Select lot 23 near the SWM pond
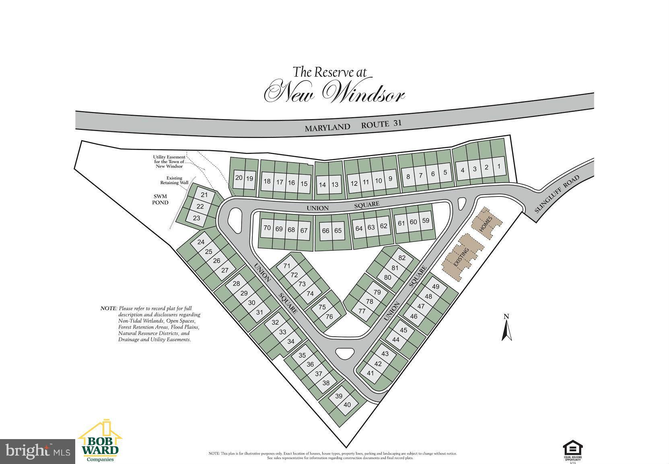[197, 218]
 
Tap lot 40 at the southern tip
[347, 405]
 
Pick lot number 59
[426, 221]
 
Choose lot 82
[401, 258]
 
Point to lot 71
[287, 266]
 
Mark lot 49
[436, 287]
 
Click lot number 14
[322, 185]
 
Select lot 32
[275, 322]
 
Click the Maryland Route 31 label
[353, 125]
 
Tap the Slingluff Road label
[557, 194]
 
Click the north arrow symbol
[507, 328]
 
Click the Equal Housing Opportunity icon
[572, 450]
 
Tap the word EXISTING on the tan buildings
[461, 257]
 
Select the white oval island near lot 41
[344, 354]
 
